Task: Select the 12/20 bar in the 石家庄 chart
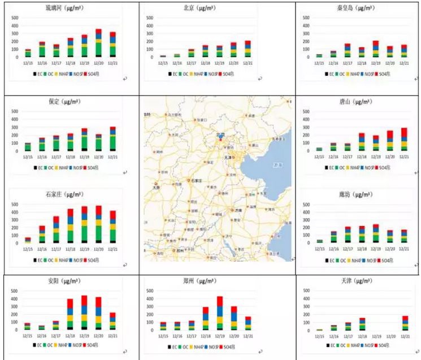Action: (x=98, y=224)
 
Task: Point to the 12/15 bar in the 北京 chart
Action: (x=164, y=56)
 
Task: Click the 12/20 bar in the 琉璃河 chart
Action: (x=98, y=43)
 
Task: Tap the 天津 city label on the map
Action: (x=229, y=158)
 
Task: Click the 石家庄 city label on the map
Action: (x=197, y=181)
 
